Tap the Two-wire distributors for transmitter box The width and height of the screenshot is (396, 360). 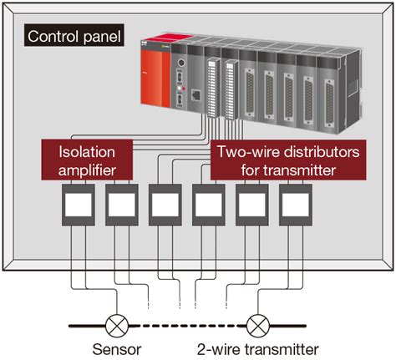coord(288,160)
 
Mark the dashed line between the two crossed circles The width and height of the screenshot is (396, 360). coord(186,323)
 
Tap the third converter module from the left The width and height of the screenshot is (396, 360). coord(165,205)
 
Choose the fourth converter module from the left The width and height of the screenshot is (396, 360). coord(208,205)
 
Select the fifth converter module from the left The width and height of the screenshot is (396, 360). coord(251,205)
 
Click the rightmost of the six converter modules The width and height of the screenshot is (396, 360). coord(295,205)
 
